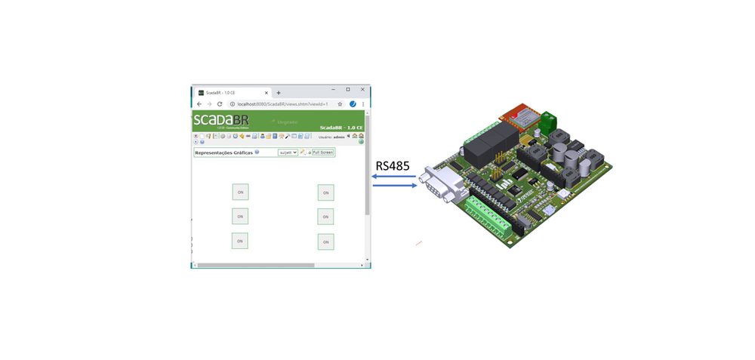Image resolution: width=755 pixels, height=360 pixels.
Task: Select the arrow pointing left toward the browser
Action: (x=393, y=177)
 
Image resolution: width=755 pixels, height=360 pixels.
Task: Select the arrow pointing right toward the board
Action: (x=395, y=186)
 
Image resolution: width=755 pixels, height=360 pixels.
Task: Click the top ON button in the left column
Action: (x=240, y=192)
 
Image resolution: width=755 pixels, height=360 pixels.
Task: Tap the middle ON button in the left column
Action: (x=240, y=217)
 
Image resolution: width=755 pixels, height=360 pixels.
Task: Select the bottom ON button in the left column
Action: (x=240, y=241)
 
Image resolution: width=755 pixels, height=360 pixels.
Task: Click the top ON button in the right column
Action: (x=326, y=192)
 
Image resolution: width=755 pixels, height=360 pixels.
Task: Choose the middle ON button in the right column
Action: (x=326, y=217)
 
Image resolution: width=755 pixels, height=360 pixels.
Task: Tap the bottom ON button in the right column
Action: (x=326, y=242)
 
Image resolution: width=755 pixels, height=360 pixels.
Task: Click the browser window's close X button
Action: (x=362, y=90)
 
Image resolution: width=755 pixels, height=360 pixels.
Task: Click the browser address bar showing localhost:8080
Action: (x=283, y=104)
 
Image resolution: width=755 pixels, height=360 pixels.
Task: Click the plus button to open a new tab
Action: (x=279, y=92)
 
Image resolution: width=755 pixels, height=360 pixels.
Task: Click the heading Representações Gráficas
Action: (x=223, y=152)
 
